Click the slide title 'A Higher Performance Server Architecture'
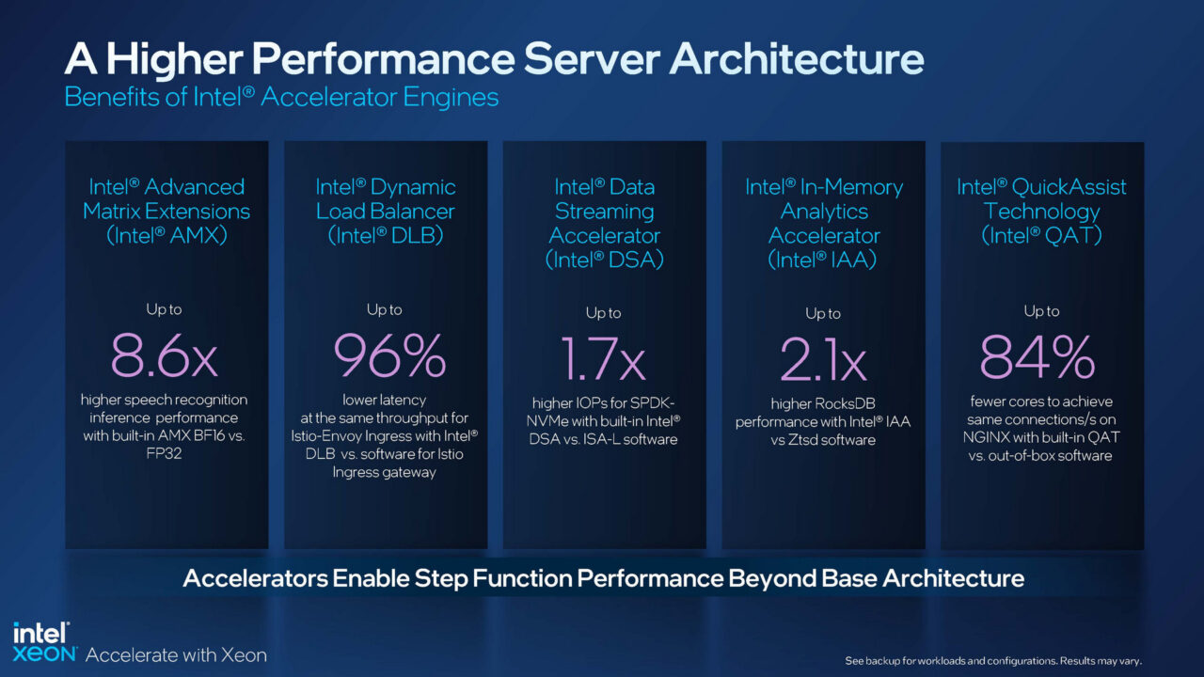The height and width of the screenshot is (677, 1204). click(494, 59)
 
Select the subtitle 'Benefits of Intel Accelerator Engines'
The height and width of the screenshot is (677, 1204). click(281, 97)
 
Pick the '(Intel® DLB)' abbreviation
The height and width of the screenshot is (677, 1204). click(385, 236)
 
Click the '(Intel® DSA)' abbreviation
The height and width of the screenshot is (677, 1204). click(604, 260)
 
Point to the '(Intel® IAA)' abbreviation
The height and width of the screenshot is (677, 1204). click(823, 260)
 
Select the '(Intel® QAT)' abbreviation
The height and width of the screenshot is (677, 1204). click(1041, 236)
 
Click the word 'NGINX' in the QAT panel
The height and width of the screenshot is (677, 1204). click(990, 438)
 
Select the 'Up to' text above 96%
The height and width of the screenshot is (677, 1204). click(385, 309)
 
